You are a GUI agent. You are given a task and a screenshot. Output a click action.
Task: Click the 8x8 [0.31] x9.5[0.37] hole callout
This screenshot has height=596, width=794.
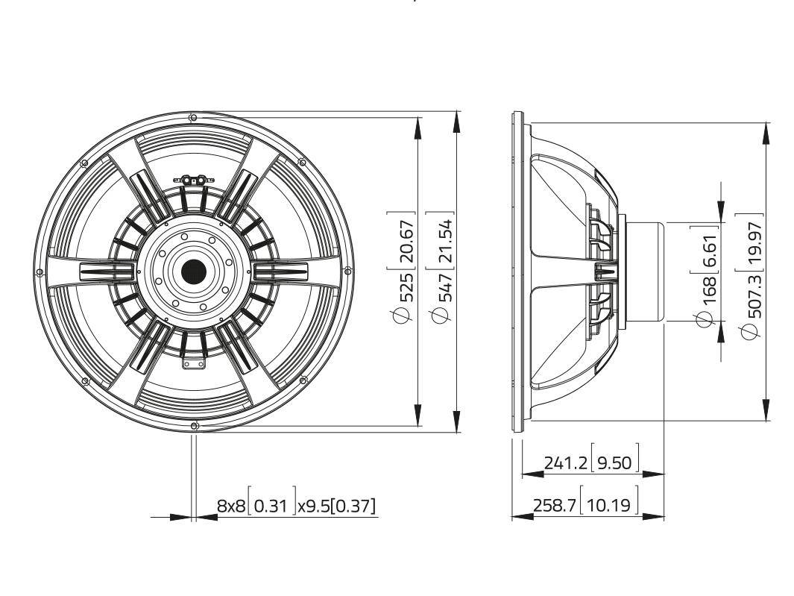[297, 506]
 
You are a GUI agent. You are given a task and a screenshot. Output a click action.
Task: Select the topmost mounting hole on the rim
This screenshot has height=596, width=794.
[194, 118]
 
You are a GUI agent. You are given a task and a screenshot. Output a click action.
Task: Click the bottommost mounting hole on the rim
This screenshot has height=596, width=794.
[194, 426]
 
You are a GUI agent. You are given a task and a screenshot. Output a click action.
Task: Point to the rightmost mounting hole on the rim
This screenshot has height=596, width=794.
[347, 272]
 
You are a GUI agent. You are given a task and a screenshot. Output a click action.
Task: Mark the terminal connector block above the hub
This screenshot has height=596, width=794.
[194, 180]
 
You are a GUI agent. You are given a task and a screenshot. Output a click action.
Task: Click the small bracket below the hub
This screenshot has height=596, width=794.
[194, 363]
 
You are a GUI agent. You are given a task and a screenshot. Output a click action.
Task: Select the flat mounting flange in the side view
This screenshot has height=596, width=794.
[517, 272]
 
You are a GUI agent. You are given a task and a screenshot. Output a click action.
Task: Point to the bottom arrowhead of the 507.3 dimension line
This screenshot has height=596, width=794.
[766, 410]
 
